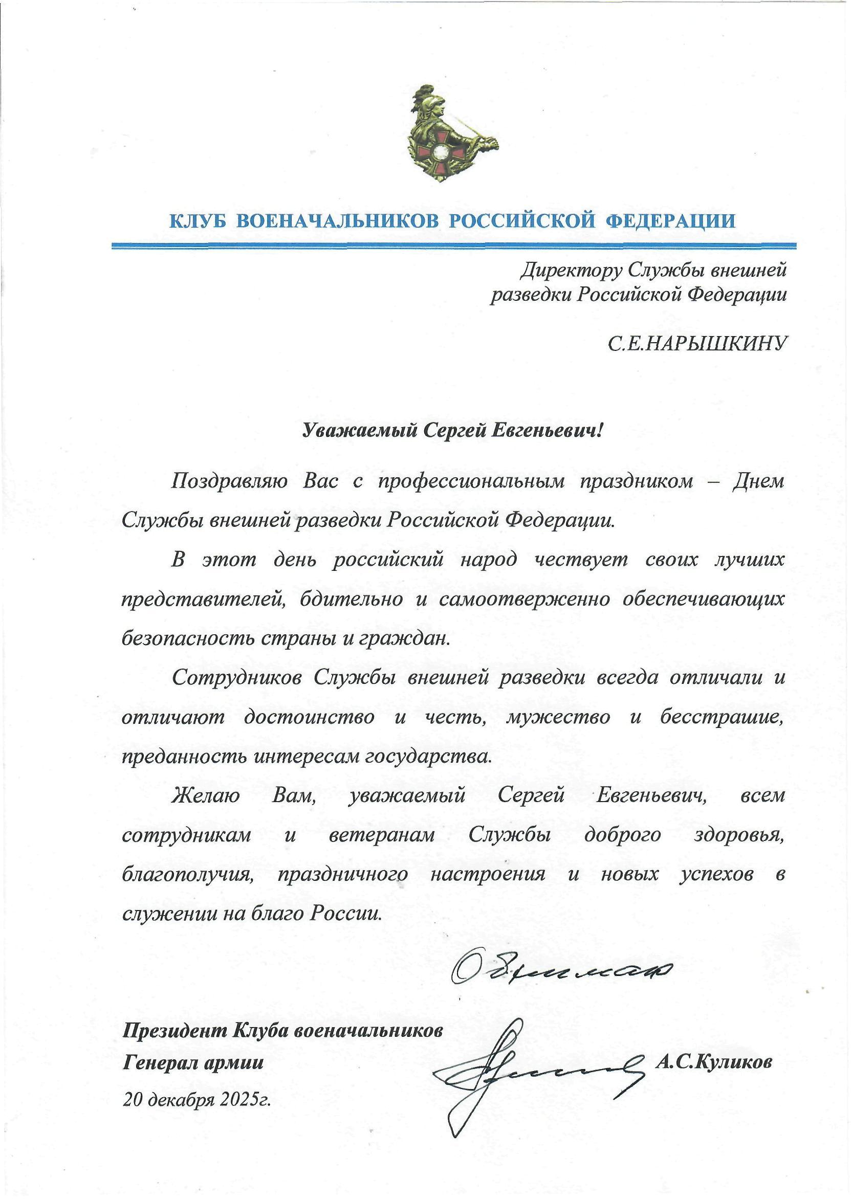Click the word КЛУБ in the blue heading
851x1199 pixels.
[x=198, y=221]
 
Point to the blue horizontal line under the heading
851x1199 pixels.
[x=454, y=245]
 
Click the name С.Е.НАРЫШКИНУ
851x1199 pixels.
[x=697, y=344]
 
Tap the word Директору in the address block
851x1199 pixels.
[x=571, y=271]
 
